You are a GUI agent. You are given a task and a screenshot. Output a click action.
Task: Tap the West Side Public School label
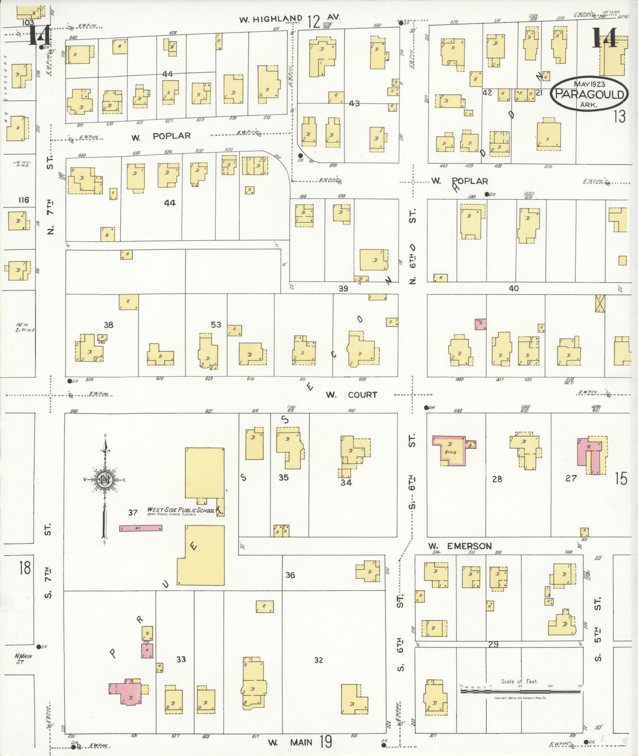click(181, 510)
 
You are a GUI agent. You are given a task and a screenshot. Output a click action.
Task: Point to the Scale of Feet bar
click(521, 691)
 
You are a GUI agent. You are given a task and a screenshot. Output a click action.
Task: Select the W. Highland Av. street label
click(289, 19)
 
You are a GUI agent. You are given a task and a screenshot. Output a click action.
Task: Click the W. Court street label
click(351, 395)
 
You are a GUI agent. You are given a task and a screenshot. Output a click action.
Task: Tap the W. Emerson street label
click(460, 546)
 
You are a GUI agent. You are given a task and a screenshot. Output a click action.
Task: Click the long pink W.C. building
click(140, 528)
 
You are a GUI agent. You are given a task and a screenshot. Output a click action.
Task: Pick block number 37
click(133, 513)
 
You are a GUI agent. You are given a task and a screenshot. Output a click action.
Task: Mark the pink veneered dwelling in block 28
click(449, 450)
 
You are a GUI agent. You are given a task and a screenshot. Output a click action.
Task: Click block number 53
click(216, 325)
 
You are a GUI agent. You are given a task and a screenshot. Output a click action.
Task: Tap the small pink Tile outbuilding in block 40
click(480, 324)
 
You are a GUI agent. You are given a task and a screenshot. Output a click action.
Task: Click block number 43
click(354, 103)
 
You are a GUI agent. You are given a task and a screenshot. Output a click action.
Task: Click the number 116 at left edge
click(23, 200)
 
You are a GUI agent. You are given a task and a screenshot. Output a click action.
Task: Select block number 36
click(290, 575)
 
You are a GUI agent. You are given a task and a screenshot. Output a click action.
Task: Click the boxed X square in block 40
click(600, 304)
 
